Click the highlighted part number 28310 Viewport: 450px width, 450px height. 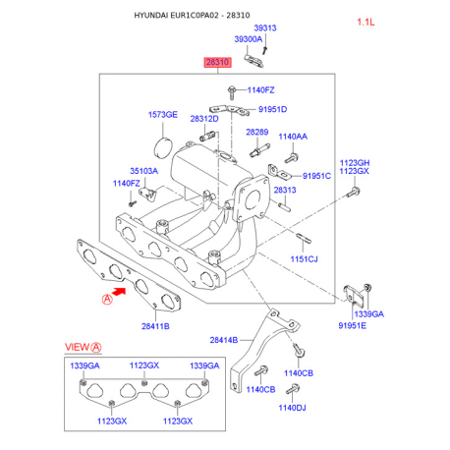coord(217,62)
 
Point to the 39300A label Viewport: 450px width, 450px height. coord(248,39)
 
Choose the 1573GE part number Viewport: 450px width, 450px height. coord(163,115)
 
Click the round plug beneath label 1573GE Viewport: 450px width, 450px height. coord(164,143)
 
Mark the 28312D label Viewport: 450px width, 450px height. coord(203,119)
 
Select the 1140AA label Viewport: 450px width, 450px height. coord(293,137)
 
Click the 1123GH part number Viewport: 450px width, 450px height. coord(355,162)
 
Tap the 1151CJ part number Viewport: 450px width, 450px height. coord(305,258)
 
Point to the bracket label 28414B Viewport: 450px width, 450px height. coord(223,340)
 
